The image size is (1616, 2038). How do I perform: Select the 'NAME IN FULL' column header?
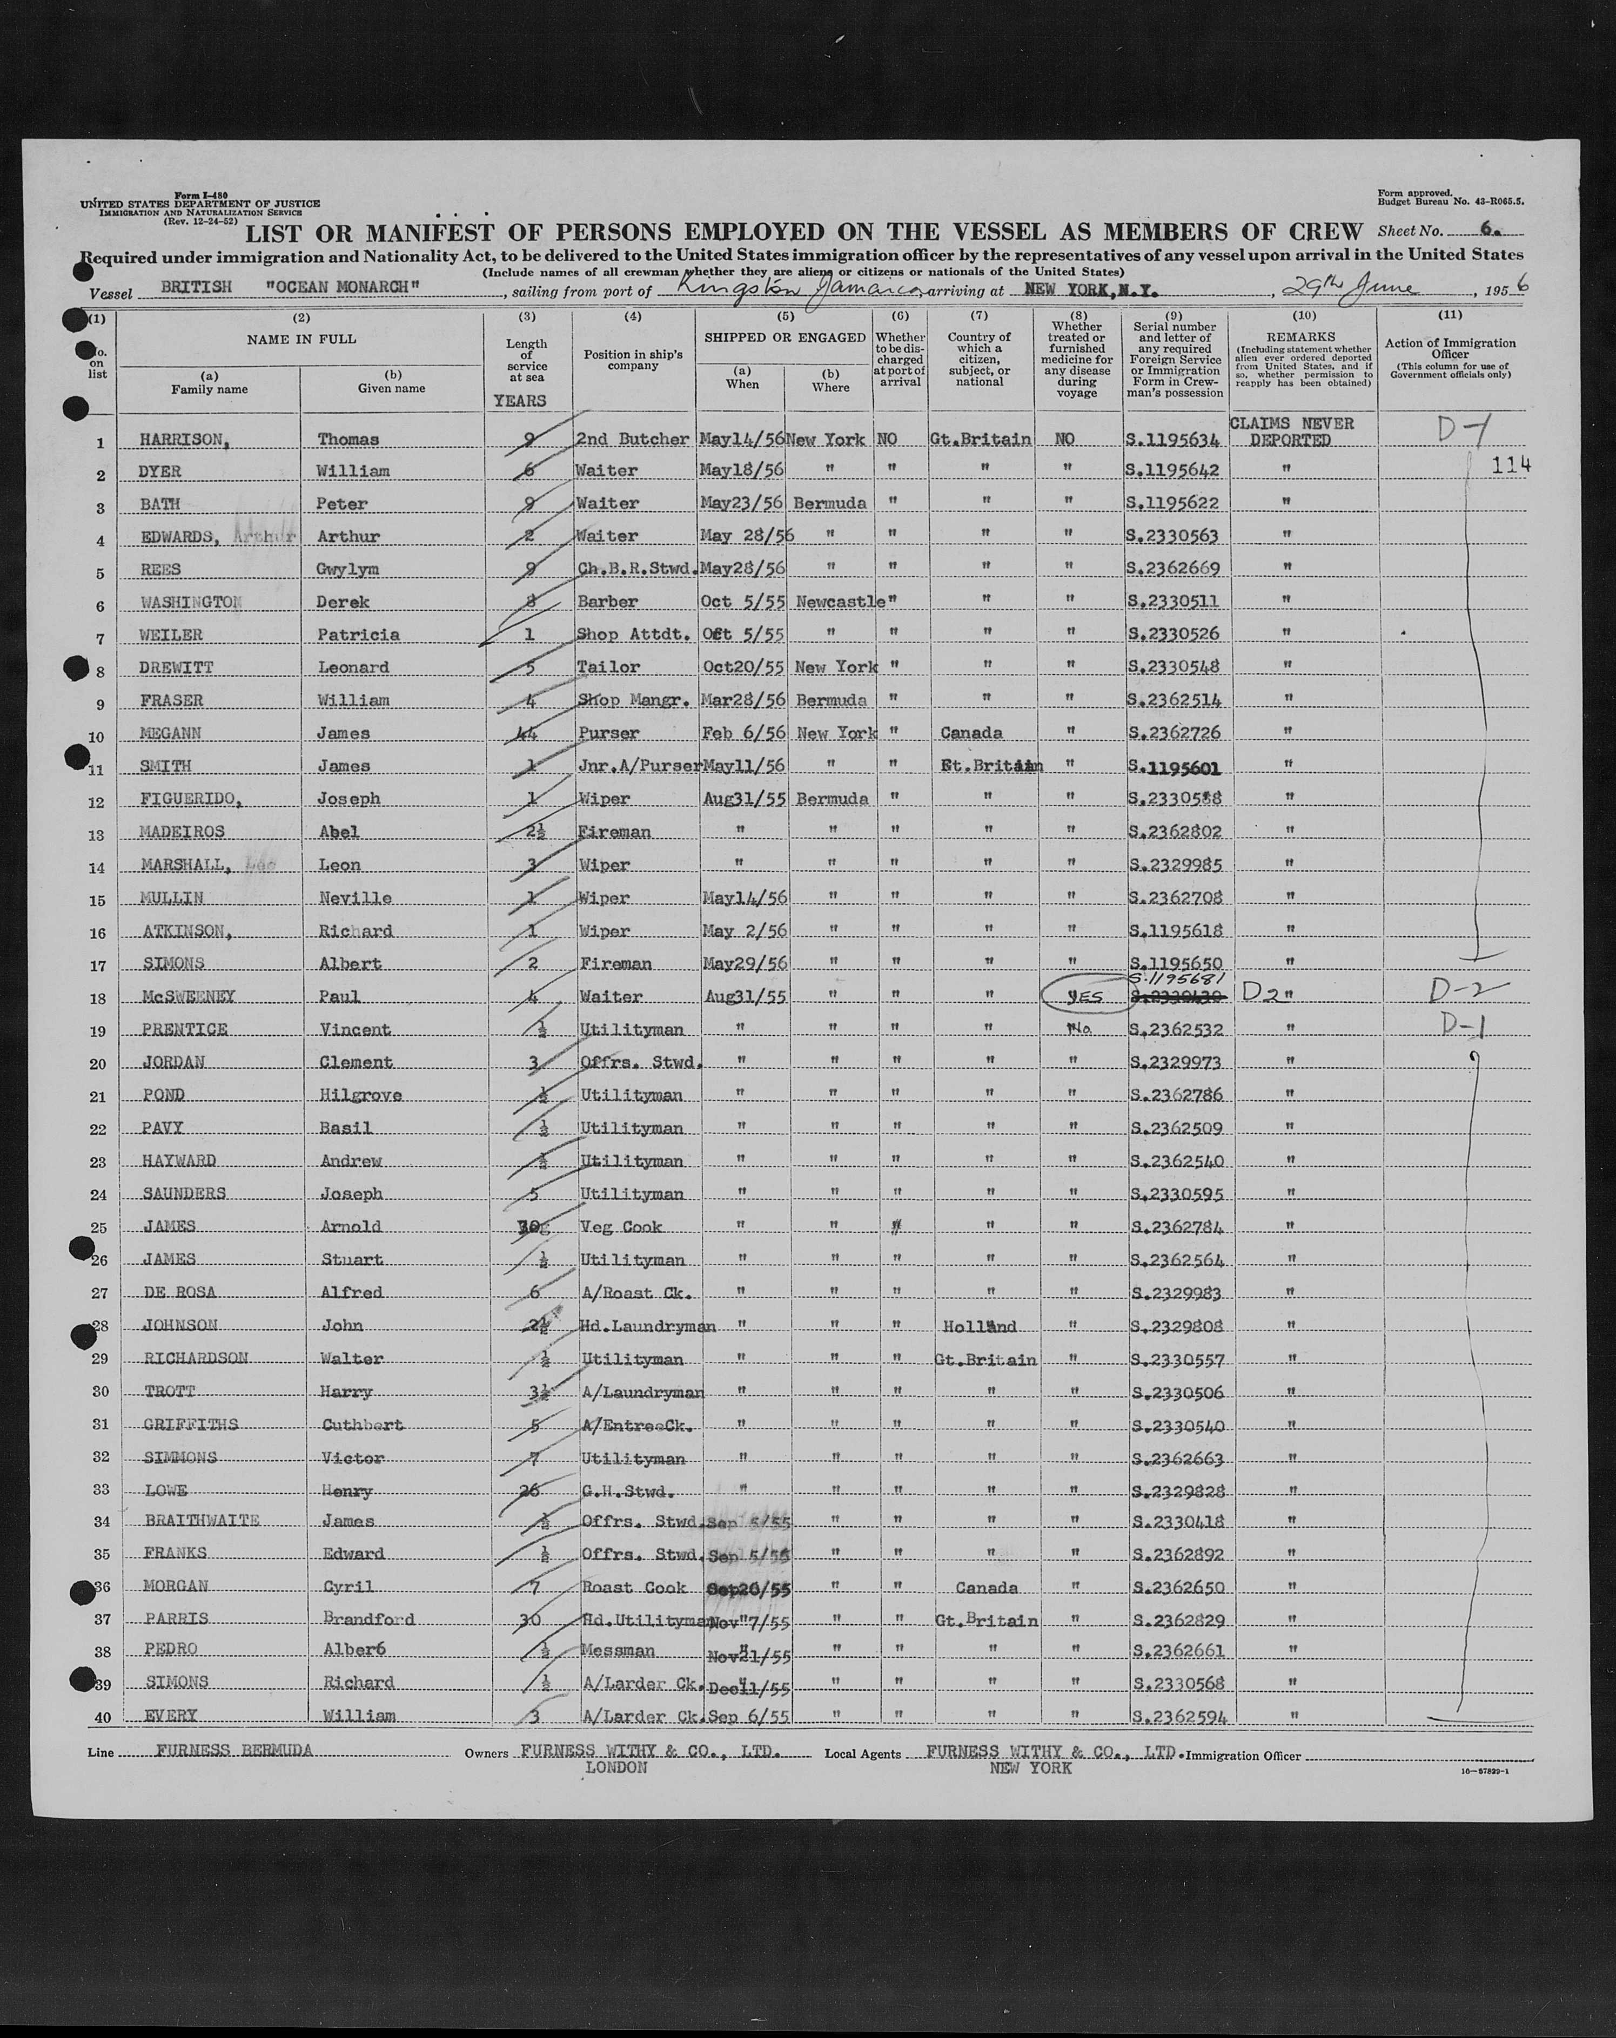pos(301,339)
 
